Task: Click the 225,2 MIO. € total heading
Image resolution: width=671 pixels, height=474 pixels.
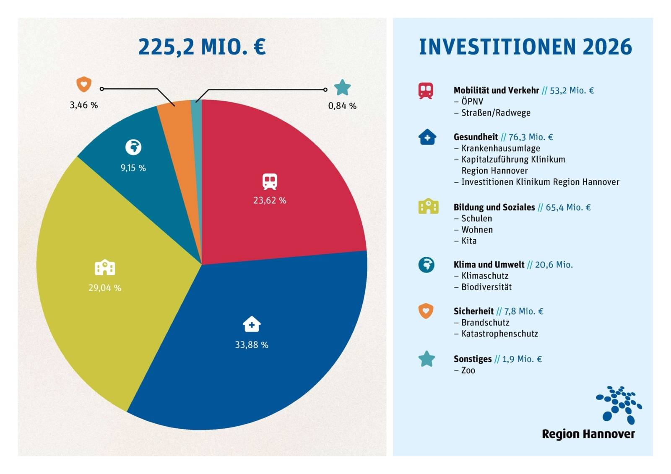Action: tap(202, 47)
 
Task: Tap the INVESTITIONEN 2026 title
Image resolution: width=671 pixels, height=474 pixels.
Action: tap(525, 47)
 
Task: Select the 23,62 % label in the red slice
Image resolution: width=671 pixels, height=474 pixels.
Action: tap(270, 200)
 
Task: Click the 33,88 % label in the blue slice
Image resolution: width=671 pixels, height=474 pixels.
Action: tap(252, 344)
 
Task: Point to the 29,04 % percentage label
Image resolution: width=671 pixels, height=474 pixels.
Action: tap(105, 288)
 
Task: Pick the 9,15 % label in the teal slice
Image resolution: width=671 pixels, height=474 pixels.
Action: tap(133, 168)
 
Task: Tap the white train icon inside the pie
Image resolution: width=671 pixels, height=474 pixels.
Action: tap(270, 181)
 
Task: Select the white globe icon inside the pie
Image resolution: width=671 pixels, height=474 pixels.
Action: tap(133, 147)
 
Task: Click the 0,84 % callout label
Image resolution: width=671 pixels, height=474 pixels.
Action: tap(342, 106)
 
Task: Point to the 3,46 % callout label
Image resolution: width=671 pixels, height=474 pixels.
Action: tap(84, 105)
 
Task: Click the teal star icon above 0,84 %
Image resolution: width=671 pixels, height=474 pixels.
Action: tap(342, 88)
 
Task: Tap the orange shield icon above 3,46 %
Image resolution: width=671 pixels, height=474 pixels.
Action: tap(84, 84)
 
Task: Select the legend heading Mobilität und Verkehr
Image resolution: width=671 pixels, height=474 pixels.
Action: tap(496, 91)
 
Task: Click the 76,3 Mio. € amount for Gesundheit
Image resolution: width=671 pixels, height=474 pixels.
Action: tap(531, 137)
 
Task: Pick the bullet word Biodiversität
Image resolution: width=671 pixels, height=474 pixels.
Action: tap(486, 287)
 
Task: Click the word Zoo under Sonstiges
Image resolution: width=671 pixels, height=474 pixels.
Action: tap(468, 370)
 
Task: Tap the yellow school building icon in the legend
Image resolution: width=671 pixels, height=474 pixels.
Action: tap(428, 207)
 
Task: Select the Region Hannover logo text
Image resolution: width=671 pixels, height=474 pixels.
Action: tap(588, 434)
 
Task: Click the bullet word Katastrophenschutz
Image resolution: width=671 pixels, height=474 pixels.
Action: tap(499, 334)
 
